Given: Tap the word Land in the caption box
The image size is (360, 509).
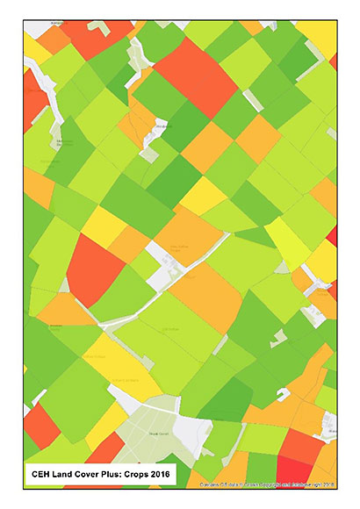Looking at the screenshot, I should [x=67, y=476].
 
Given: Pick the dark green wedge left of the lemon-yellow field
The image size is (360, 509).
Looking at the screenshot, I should [x=255, y=235].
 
